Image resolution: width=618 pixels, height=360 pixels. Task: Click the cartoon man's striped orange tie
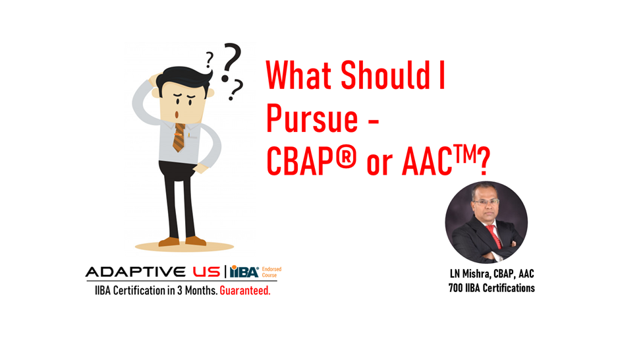pyautogui.click(x=179, y=136)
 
